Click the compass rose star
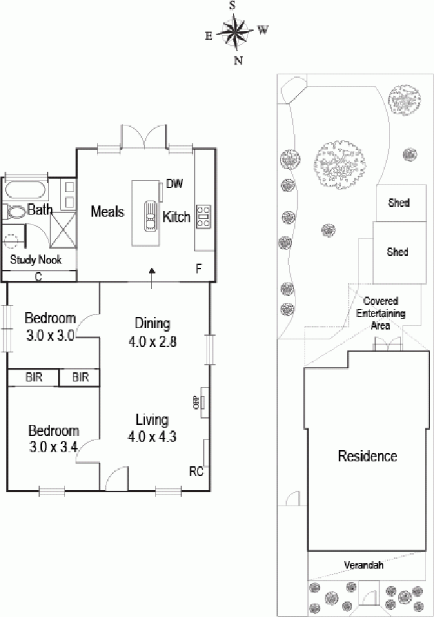(235, 32)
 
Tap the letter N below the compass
(238, 60)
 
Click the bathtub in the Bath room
(25, 191)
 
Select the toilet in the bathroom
(15, 213)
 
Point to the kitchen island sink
(150, 216)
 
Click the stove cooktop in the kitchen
(204, 217)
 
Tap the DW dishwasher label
(174, 184)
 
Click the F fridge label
(199, 269)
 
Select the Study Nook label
(36, 259)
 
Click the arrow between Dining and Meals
(152, 278)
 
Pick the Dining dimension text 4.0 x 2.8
(152, 341)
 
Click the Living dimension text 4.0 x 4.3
(152, 436)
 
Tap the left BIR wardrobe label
(34, 377)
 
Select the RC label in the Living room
(196, 471)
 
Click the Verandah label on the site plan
(364, 565)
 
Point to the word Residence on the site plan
(367, 456)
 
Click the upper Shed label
(399, 203)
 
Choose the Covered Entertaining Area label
(381, 313)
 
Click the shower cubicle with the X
(63, 230)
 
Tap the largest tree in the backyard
(339, 163)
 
